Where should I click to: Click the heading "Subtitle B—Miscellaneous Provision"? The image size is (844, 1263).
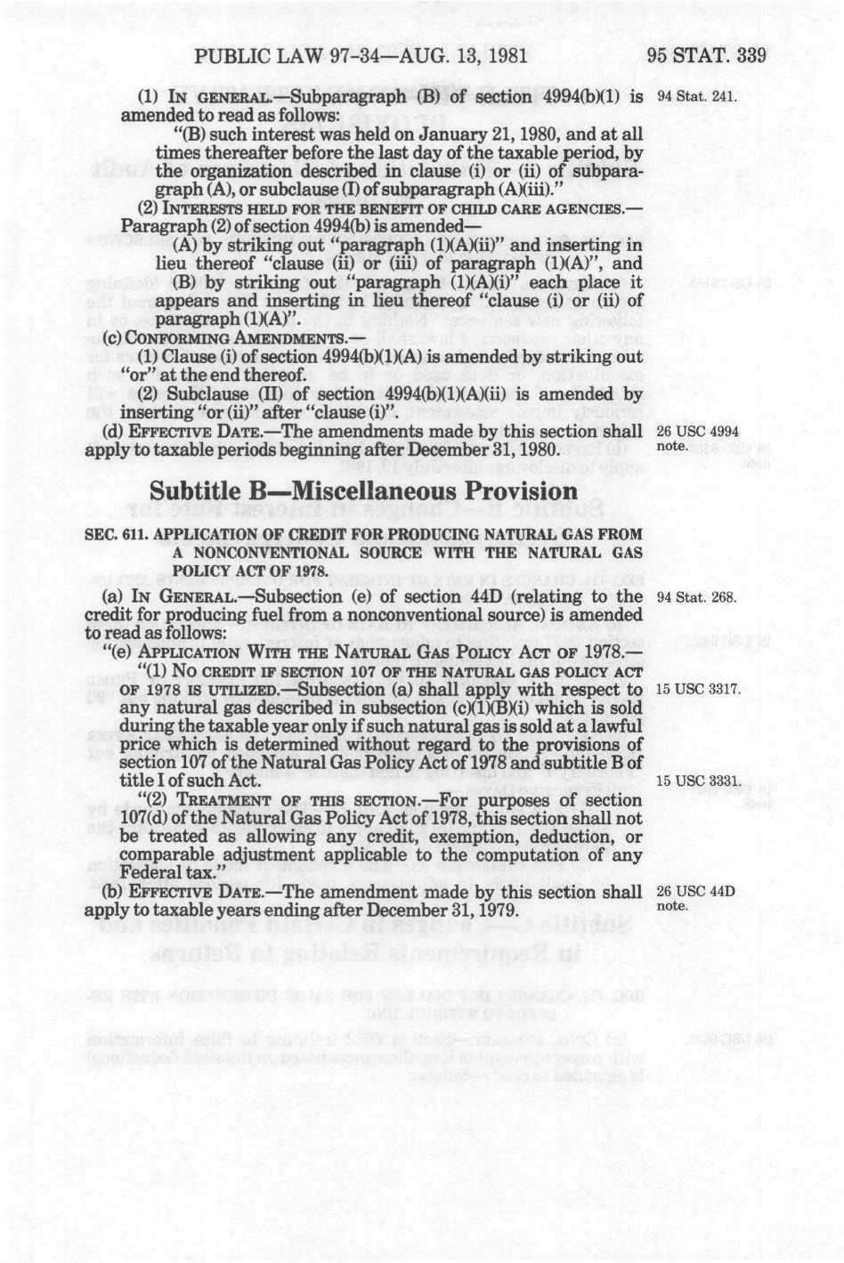tap(363, 491)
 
